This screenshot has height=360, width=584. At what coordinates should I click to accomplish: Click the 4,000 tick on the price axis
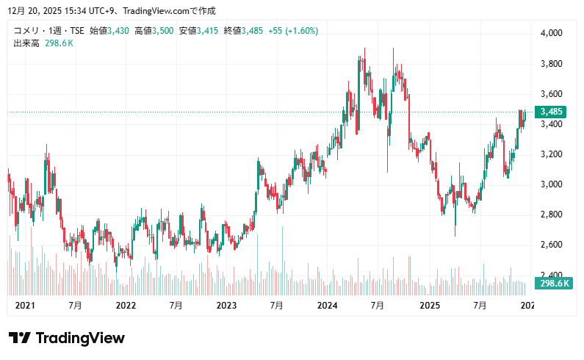[551, 33]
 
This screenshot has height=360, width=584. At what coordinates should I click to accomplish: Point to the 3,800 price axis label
[551, 64]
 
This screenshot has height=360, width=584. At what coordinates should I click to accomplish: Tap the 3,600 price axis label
[551, 94]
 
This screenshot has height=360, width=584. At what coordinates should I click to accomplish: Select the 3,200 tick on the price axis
[551, 154]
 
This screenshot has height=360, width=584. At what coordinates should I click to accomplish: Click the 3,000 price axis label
[551, 184]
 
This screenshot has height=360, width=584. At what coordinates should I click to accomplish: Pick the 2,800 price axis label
[551, 215]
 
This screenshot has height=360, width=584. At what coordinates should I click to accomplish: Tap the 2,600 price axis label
[551, 245]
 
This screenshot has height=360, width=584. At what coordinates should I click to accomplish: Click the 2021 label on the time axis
[25, 305]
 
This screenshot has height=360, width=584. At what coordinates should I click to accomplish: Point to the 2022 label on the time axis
[126, 305]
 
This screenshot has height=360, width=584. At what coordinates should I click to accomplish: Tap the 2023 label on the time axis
[226, 305]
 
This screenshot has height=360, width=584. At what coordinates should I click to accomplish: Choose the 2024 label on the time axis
[327, 305]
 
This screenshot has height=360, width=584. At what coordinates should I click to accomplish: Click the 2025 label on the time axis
[428, 305]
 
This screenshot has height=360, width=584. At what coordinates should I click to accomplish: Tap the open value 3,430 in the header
[118, 31]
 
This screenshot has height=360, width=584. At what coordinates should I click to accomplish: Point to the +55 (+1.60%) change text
[293, 31]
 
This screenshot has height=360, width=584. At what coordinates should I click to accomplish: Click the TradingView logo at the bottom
[67, 338]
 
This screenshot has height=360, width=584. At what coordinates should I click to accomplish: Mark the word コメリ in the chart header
[26, 31]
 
